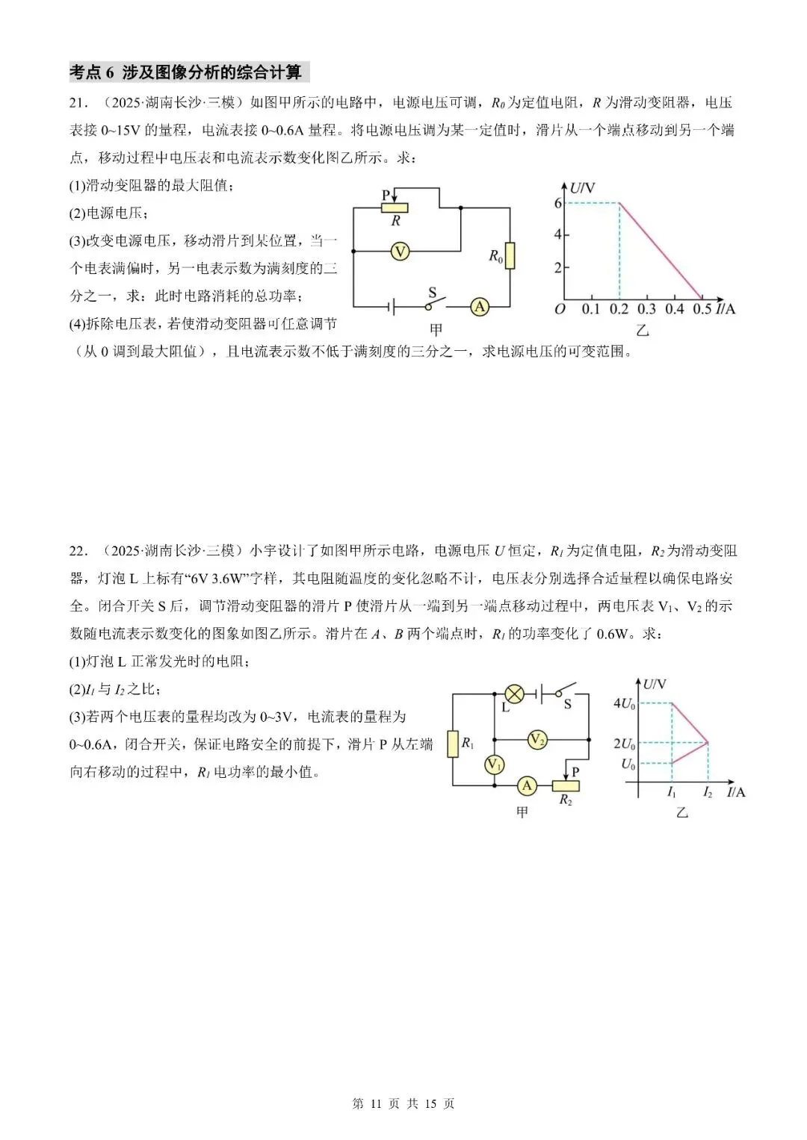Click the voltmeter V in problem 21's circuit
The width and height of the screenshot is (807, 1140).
point(400,252)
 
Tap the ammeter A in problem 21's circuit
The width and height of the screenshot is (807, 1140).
point(479,306)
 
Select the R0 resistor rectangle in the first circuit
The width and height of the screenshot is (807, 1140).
point(510,255)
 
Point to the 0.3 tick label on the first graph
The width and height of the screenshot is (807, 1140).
point(646,309)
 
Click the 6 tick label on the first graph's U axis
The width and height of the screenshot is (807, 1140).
point(557,203)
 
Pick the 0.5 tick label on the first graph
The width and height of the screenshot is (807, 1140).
point(702,309)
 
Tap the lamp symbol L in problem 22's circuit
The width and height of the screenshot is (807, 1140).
point(515,694)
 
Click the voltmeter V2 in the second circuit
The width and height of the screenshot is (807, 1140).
point(537,740)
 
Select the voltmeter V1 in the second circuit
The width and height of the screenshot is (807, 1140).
point(494,764)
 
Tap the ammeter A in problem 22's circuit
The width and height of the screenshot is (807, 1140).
point(528,785)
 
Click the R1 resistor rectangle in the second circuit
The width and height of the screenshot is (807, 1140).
point(453,744)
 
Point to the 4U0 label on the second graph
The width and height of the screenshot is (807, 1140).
point(624,703)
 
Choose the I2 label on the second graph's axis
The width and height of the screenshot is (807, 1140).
point(707,793)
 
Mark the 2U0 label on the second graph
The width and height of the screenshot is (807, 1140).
point(624,744)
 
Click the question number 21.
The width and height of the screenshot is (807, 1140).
point(78,102)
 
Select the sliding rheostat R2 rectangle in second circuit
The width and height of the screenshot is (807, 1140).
point(566,785)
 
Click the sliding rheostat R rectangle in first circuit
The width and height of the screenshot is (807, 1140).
point(396,208)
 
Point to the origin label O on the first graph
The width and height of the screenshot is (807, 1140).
point(560,309)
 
